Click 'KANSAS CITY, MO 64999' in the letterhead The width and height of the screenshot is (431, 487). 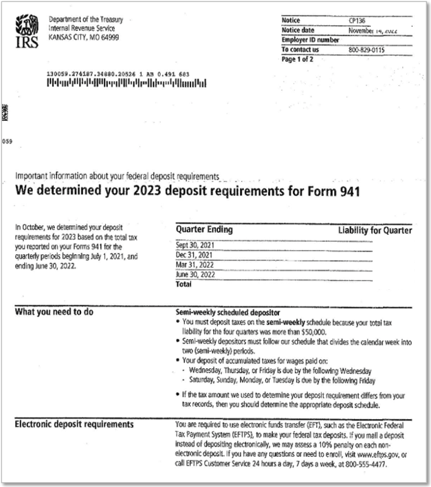point(84,36)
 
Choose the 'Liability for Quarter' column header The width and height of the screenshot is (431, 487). point(375,230)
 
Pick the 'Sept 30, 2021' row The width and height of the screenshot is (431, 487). point(197,245)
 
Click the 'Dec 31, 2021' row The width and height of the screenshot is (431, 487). point(195,254)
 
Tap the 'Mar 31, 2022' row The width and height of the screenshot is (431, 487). point(196,264)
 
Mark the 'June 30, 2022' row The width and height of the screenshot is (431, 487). point(197,274)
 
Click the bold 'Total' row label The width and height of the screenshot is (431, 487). point(184,283)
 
